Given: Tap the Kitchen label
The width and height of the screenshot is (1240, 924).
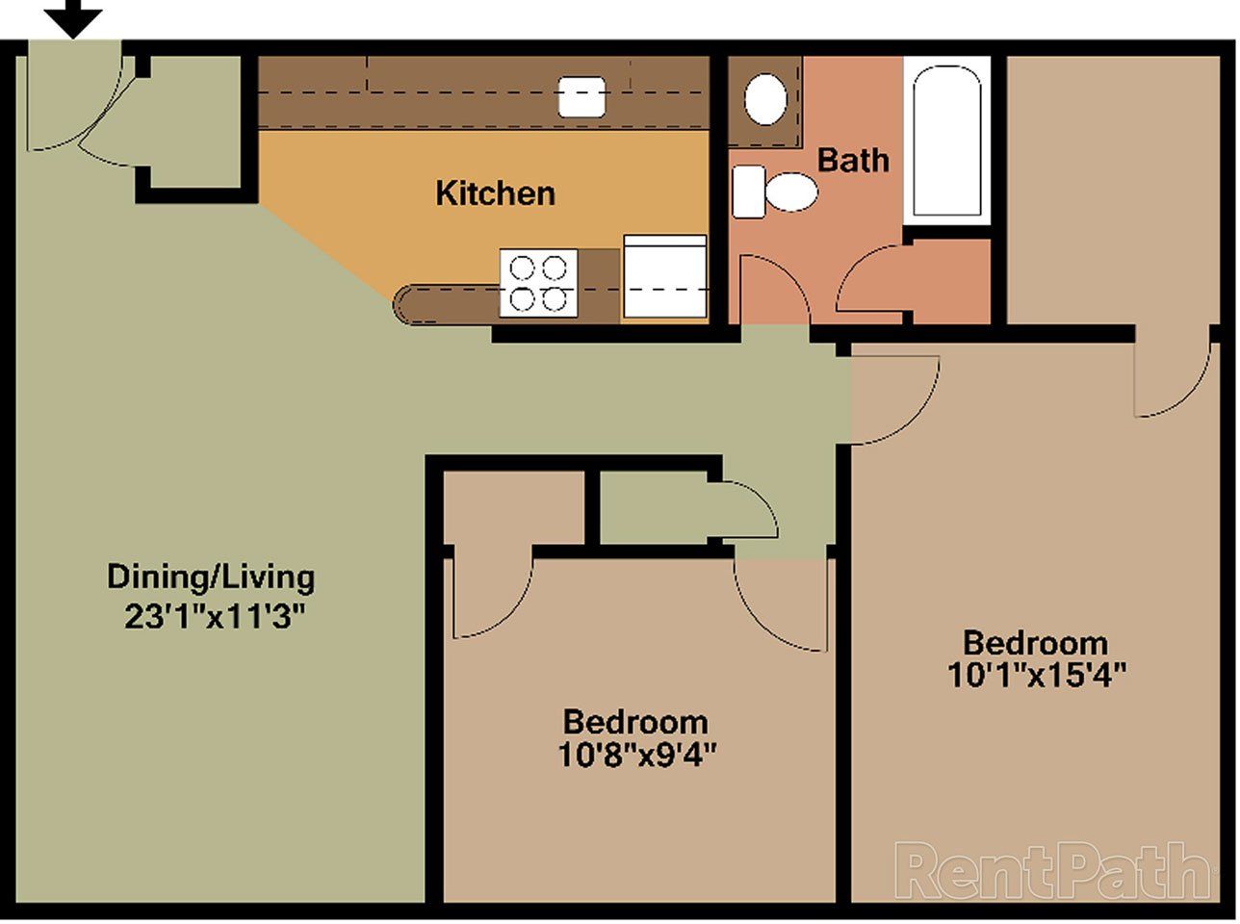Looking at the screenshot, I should coord(495,192).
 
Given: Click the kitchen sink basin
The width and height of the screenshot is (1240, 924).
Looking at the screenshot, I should coord(582,96).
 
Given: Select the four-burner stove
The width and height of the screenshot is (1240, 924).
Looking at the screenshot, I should coord(538,282).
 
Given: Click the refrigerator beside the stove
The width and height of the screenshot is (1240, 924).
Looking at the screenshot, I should coord(665,276).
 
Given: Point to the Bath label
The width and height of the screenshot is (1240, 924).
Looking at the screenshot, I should coord(853,159).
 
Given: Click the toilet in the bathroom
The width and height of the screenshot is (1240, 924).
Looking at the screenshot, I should coord(776,192).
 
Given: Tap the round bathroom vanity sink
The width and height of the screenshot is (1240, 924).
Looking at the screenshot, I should coord(766,97).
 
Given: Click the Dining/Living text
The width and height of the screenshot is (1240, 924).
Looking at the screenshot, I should coord(210,577).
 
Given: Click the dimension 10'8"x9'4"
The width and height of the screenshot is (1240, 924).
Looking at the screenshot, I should coord(635,754).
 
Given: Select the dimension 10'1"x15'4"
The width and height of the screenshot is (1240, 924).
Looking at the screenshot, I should coord(1036,674).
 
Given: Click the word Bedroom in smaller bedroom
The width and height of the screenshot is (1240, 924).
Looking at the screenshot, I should coord(635,721).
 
